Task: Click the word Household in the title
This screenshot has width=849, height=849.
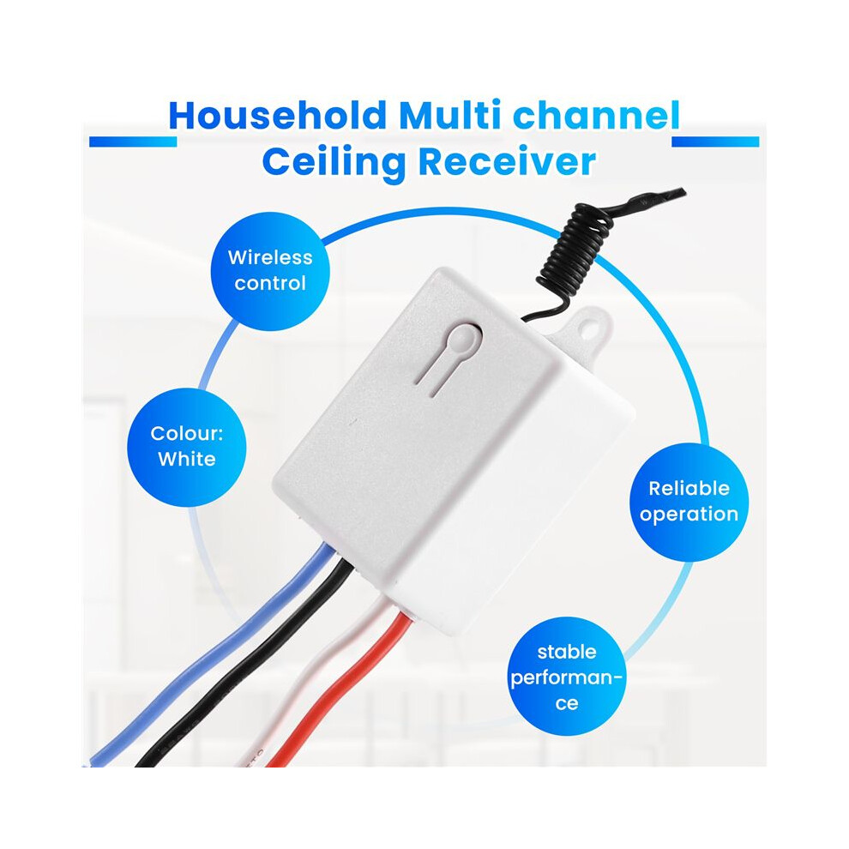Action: (x=277, y=115)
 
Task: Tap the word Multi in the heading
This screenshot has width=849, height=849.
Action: (x=450, y=115)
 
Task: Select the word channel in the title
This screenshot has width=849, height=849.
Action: (x=596, y=115)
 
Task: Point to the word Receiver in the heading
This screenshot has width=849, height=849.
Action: (x=507, y=162)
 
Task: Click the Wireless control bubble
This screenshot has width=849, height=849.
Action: (x=270, y=271)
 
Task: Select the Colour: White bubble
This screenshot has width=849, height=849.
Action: (x=187, y=448)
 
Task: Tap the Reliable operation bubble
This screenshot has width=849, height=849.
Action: (x=689, y=502)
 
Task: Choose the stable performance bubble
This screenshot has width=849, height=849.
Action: (x=566, y=677)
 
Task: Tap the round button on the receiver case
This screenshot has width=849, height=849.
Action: (x=464, y=339)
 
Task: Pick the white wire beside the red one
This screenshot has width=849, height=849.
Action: (x=304, y=688)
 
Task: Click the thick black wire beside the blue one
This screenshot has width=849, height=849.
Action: (x=244, y=666)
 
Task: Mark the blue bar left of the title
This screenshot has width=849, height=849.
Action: (x=133, y=141)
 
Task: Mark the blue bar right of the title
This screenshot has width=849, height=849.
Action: (x=715, y=141)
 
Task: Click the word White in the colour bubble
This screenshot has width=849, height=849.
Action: (x=187, y=459)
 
